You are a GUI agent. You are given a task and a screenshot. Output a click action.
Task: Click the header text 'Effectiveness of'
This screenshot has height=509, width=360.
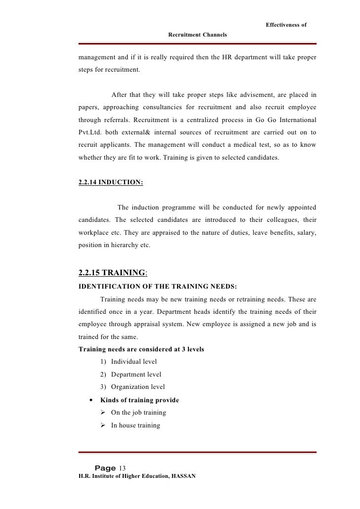286,25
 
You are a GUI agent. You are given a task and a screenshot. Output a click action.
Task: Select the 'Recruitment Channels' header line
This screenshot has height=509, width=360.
197,35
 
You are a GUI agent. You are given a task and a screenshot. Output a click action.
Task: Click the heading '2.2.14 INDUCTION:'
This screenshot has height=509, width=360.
111,182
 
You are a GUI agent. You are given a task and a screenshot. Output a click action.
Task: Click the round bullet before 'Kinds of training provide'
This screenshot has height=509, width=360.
89,400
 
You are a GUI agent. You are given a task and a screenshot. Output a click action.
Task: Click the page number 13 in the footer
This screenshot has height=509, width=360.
123,468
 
